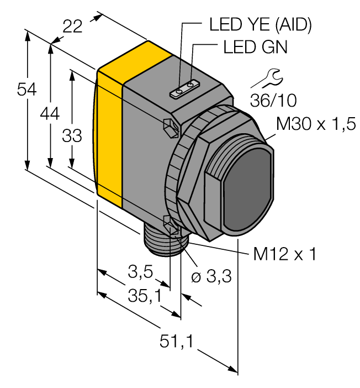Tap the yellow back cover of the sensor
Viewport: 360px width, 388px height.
pos(109,138)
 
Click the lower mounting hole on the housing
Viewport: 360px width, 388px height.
pos(170,223)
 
